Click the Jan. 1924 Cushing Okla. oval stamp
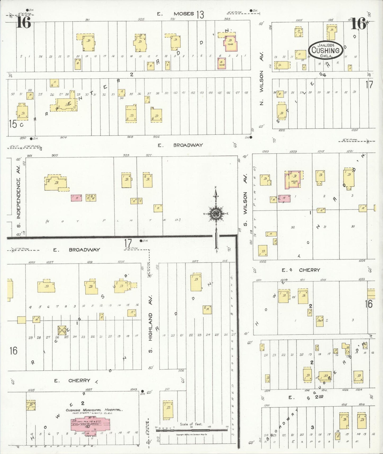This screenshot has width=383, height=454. [325, 49]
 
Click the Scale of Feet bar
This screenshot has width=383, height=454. [191, 430]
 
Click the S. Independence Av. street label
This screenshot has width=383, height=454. [18, 199]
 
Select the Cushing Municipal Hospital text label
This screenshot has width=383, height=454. [94, 410]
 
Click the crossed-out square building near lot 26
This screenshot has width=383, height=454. [62, 330]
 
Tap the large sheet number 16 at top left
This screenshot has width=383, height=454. [24, 22]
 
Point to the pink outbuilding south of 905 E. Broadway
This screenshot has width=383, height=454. [76, 198]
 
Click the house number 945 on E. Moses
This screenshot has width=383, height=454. [227, 19]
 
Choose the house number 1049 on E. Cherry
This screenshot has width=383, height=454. [133, 389]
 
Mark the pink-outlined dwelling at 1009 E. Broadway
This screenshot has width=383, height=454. [293, 179]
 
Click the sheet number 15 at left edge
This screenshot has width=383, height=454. [13, 124]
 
